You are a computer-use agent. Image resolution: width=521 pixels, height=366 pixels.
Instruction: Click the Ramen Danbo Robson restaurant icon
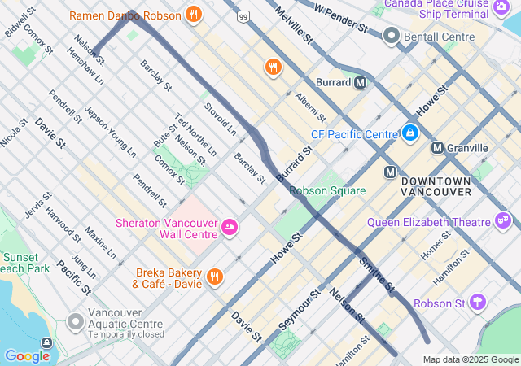point(193,14)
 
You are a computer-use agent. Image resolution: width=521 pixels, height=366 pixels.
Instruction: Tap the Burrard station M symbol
point(360,82)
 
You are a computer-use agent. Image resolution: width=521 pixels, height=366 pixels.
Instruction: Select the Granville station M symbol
point(438,147)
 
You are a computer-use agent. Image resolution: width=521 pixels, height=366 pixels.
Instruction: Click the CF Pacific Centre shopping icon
point(409,133)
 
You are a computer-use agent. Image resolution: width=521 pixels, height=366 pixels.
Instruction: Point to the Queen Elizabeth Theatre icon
point(503,221)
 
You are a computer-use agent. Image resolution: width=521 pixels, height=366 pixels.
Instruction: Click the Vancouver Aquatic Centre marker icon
point(76,323)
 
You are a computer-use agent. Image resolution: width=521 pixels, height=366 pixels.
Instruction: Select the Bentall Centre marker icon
point(392,37)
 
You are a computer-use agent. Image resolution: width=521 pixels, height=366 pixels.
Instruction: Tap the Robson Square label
point(327,190)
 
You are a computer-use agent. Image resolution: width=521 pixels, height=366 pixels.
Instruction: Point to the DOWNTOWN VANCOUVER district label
point(436,185)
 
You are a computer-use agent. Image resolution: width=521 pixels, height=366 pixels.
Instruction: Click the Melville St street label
point(294,24)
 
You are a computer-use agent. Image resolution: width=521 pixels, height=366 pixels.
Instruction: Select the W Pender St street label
point(341,17)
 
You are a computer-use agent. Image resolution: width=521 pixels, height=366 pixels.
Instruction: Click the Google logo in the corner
point(27,355)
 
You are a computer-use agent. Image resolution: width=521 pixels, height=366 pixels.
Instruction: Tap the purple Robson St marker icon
point(477,303)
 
